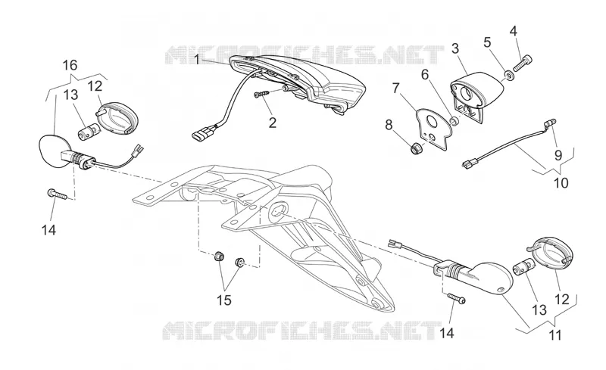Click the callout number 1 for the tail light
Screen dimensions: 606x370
[197, 61]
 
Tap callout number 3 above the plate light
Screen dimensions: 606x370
[455, 49]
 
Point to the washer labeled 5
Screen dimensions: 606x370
[509, 75]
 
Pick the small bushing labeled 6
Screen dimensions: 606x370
[455, 122]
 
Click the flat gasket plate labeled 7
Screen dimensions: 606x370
[434, 128]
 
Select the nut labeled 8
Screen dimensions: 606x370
[416, 148]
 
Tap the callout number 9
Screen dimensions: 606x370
[558, 155]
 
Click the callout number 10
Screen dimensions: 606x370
[561, 182]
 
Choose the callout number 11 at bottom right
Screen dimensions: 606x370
[555, 335]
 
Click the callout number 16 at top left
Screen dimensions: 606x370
[70, 65]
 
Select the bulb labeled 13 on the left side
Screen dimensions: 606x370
[86, 133]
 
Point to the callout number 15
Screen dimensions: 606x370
[223, 300]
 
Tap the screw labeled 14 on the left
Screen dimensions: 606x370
[57, 194]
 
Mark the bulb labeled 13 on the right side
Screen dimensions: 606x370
[523, 266]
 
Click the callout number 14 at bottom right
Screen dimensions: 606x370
[446, 333]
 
